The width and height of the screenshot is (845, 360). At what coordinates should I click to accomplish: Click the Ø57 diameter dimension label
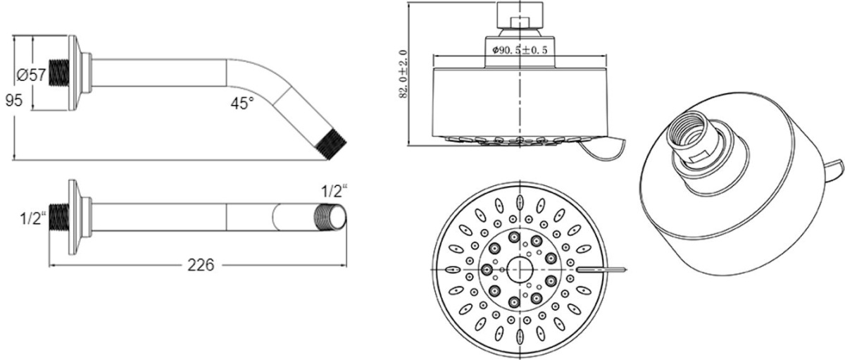coord(31,75)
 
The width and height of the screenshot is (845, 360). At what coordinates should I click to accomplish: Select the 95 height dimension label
coord(14,100)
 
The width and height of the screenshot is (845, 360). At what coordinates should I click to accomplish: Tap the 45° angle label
coord(242,103)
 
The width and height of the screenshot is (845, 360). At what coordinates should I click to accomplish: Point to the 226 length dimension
coord(201,265)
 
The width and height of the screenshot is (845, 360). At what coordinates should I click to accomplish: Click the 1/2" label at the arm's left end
coord(33,218)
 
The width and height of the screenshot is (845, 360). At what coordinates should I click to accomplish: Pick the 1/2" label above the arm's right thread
coord(334,191)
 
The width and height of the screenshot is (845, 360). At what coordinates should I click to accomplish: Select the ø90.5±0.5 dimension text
coord(520,49)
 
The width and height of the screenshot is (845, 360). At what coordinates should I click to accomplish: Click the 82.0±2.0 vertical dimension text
coord(403,74)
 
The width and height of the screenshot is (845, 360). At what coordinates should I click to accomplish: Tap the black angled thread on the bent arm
coord(331,145)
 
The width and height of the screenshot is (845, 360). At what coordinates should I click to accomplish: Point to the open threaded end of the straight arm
coord(330,217)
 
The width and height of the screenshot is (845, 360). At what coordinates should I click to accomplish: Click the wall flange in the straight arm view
coord(73,218)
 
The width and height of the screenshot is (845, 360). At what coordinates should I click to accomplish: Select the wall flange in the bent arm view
coord(73,74)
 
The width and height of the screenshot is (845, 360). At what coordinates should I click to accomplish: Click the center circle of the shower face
coord(520,269)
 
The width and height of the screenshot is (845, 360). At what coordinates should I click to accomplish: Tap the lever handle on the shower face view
coord(601,269)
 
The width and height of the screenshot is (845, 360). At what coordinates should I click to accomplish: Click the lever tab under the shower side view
coord(603,149)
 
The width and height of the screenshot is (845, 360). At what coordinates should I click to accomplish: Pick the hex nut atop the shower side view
coord(520,15)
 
